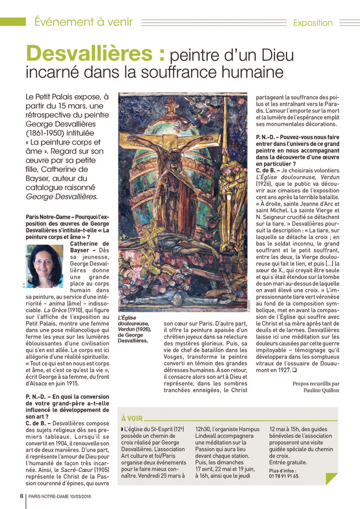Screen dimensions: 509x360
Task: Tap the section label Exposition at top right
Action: tap(312, 23)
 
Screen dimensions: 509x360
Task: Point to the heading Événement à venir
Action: tap(84, 22)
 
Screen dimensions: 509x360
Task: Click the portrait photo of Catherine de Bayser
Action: tap(44, 267)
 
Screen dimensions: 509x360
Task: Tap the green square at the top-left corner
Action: tap(12, 22)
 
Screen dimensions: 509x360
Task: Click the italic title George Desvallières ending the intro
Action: tap(62, 196)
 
